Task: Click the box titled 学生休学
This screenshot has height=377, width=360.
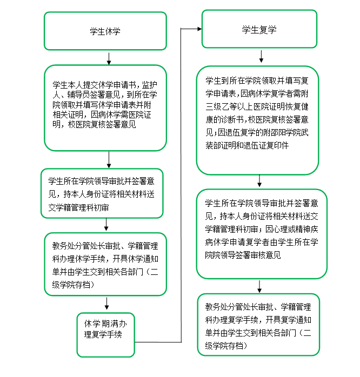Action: [x=105, y=31]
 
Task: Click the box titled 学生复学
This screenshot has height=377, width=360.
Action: [x=259, y=30]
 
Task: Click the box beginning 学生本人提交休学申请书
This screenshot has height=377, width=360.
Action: [x=105, y=107]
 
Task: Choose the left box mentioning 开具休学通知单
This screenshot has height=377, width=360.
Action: [x=105, y=264]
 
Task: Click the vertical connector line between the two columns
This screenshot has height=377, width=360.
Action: [x=181, y=184]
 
